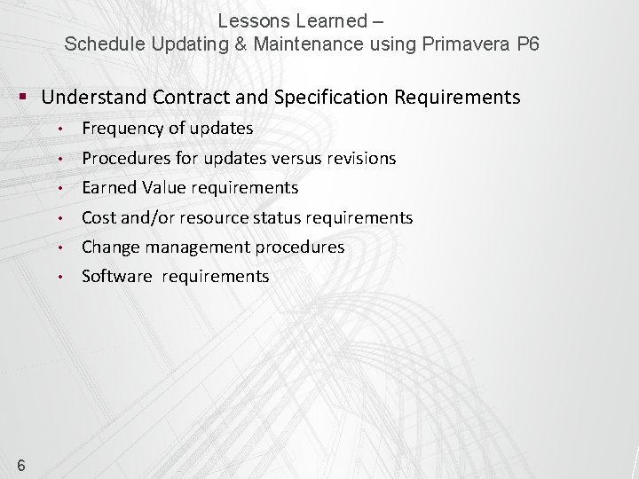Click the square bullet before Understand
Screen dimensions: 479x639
[x=28, y=96]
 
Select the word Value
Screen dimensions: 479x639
[x=162, y=187]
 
